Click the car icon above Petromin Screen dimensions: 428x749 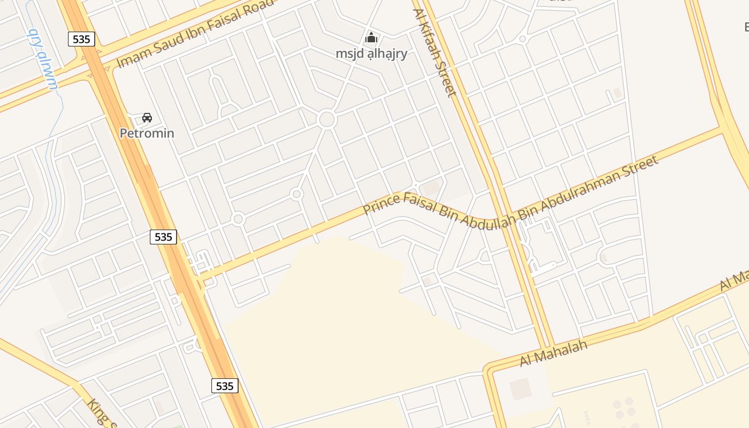click(x=147, y=117)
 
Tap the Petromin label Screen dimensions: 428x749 click(x=147, y=133)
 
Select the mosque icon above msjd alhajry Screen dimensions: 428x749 click(x=371, y=37)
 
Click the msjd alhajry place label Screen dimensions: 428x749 click(x=371, y=53)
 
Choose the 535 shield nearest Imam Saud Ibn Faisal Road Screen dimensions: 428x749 click(x=81, y=39)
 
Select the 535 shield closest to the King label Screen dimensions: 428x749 click(x=225, y=386)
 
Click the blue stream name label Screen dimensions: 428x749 click(x=42, y=59)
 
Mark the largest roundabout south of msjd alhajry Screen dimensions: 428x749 click(x=326, y=119)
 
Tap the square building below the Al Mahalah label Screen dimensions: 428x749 click(x=520, y=389)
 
